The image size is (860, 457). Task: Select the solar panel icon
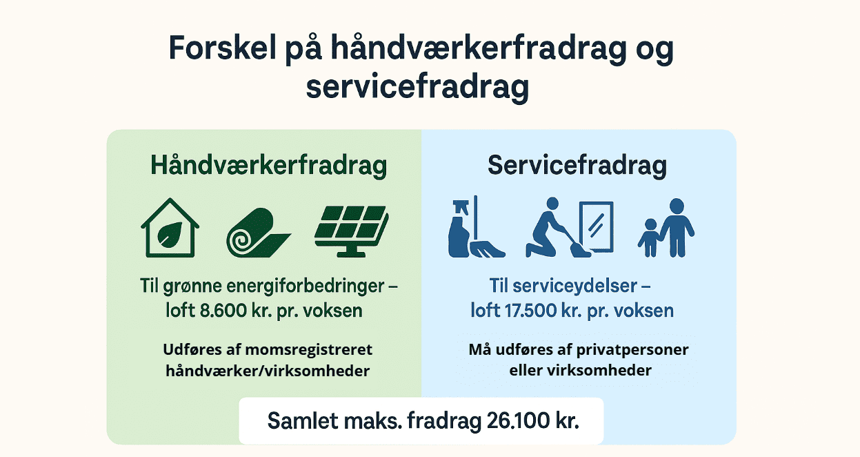tap(351, 228)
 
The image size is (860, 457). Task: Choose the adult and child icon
tap(666, 228)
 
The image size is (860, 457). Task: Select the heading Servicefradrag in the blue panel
tap(577, 166)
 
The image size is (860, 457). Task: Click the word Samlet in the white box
tap(298, 420)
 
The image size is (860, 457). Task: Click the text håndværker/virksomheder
tap(268, 371)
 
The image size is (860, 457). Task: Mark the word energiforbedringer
tap(310, 286)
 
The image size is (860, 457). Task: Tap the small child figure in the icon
tap(648, 237)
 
